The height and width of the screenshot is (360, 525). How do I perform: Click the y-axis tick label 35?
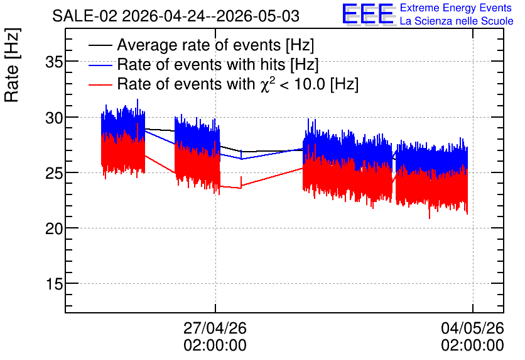(x=54, y=62)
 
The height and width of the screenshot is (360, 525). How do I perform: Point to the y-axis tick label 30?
(x=54, y=118)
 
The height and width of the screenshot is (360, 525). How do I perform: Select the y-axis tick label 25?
(x=54, y=173)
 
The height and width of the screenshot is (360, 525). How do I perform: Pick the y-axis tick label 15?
(x=54, y=284)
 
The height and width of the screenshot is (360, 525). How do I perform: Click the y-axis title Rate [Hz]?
(x=12, y=65)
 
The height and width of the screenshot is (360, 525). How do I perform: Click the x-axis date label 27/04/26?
(x=215, y=328)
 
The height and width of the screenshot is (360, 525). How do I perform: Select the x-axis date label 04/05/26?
(x=472, y=328)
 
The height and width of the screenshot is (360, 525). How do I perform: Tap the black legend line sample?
(x=100, y=45)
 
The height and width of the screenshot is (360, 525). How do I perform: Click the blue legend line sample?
(x=100, y=65)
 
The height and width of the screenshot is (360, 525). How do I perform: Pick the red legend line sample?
(x=100, y=84)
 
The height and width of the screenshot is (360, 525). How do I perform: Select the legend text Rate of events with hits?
(x=201, y=64)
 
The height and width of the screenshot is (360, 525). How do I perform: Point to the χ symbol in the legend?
(x=264, y=85)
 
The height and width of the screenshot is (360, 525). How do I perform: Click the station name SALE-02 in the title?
(x=85, y=16)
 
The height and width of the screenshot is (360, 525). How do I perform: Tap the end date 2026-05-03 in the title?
(x=258, y=16)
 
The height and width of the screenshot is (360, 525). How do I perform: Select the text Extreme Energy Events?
(x=456, y=8)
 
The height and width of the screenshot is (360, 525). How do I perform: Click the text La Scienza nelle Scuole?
(x=457, y=21)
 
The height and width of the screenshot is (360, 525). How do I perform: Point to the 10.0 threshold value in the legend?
(x=310, y=84)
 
